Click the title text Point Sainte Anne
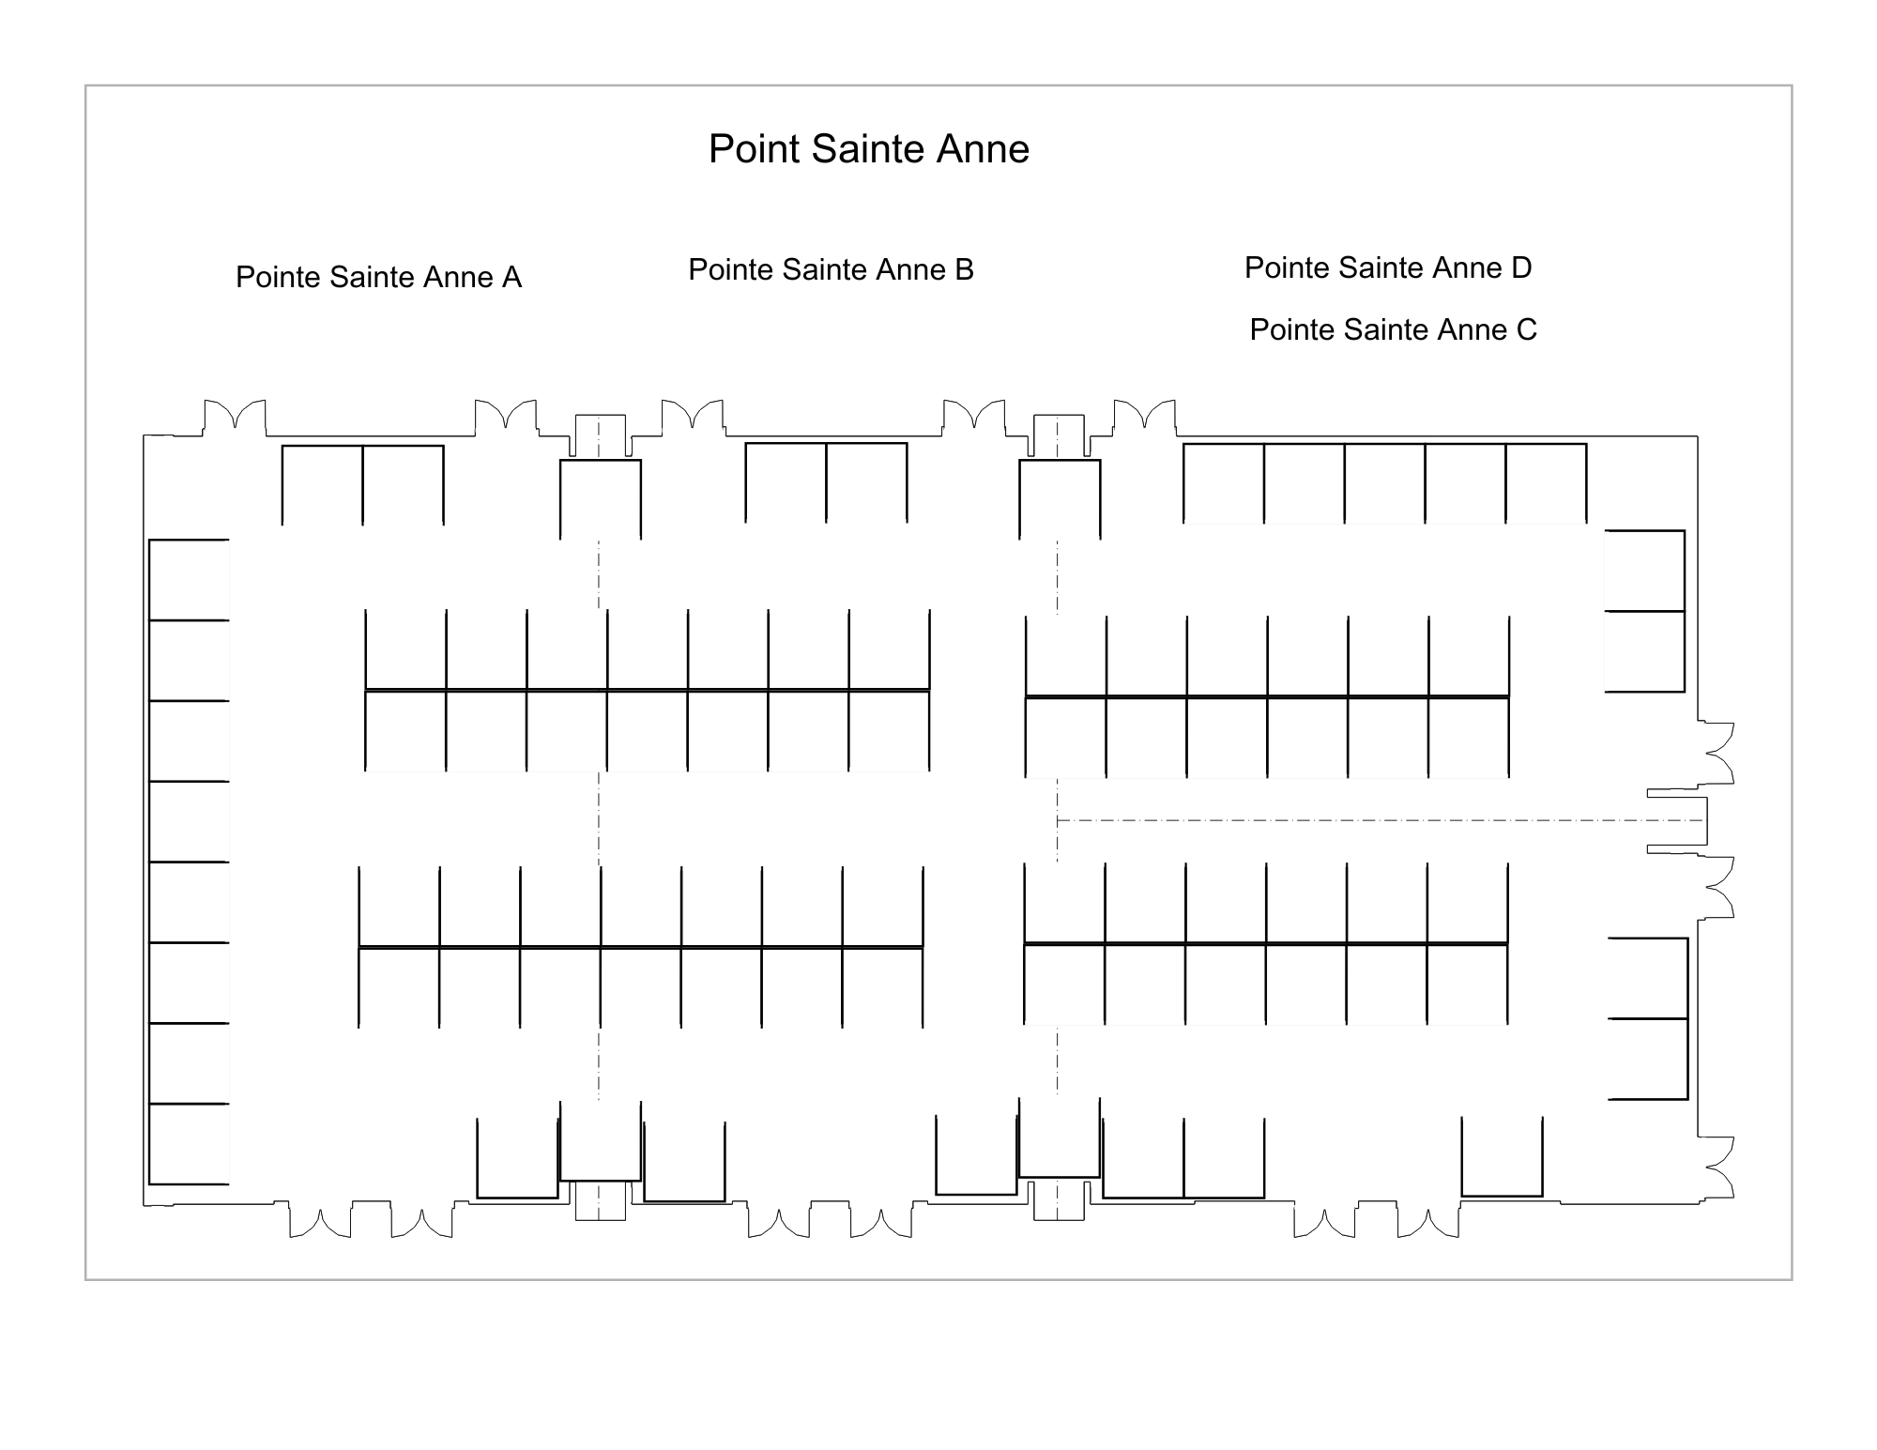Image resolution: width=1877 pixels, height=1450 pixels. click(x=869, y=149)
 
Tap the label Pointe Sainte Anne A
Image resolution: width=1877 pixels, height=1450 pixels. click(x=378, y=277)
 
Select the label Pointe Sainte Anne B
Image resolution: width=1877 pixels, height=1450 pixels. click(x=832, y=269)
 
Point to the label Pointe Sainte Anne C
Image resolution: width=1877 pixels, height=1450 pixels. click(x=1394, y=329)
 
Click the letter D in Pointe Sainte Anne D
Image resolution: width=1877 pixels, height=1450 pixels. click(x=1521, y=267)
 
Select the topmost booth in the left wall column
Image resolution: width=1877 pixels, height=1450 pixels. click(x=189, y=580)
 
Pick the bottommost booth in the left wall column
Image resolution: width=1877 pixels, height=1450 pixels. click(x=189, y=1144)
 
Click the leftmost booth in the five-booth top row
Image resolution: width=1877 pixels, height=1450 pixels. click(x=1224, y=483)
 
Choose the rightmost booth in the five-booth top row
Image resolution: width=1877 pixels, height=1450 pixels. click(x=1546, y=483)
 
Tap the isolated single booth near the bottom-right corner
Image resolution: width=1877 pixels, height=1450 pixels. click(x=1502, y=1156)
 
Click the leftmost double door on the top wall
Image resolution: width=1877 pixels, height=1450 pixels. click(x=235, y=417)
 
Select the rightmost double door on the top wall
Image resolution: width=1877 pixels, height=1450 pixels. click(x=1144, y=417)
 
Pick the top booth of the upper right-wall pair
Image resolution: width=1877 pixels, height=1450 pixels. click(x=1644, y=571)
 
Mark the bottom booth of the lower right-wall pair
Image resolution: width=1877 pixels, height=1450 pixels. click(x=1648, y=1059)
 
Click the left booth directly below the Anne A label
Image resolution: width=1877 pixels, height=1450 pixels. click(x=323, y=485)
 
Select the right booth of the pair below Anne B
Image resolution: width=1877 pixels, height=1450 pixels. click(x=866, y=482)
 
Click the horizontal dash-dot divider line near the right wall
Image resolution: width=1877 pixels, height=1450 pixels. click(x=1381, y=820)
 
